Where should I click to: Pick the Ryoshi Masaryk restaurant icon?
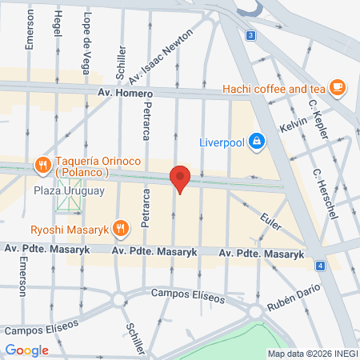click(x=120, y=229)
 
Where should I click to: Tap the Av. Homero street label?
click(x=125, y=94)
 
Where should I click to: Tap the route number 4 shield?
click(x=320, y=265)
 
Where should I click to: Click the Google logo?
click(x=27, y=350)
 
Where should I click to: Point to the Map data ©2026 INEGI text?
click(x=311, y=354)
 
